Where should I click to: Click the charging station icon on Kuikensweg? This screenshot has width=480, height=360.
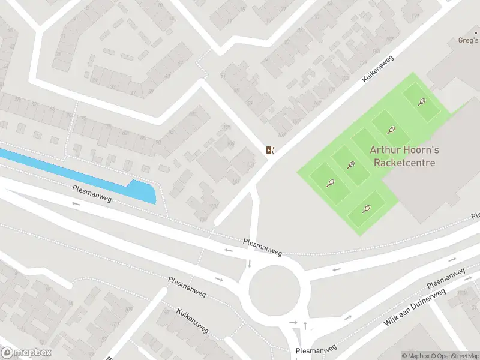271,150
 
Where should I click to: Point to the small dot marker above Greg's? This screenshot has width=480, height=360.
475,33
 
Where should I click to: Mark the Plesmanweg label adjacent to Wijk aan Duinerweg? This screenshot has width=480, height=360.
445,277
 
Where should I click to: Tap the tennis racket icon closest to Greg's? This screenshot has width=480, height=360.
422,102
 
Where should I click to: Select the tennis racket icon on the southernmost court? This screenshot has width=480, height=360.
367,209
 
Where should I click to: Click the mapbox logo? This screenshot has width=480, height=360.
26,352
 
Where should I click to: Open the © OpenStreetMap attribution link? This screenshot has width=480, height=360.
454,356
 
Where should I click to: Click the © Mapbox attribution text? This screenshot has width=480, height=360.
415,356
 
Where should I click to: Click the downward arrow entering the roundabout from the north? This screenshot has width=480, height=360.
250,264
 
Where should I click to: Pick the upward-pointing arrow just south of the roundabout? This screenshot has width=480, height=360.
305,325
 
